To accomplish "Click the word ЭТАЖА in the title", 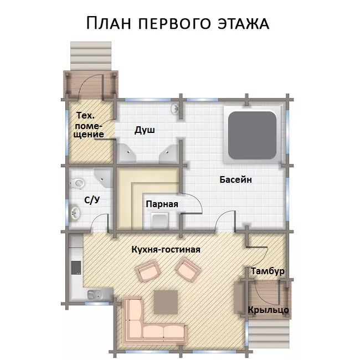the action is coord(244,23).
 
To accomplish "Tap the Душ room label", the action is coord(145,130).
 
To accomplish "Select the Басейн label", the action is coord(235,179).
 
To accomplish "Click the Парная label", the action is coord(162,204).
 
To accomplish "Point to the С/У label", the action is coord(92,200).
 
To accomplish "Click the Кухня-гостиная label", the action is coord(166,249).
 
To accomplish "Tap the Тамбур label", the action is coord(268,271).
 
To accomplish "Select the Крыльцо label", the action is coord(268,310).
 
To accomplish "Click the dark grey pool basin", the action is coord(252,135).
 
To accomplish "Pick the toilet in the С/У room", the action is coord(77,183).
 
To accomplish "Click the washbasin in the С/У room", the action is coord(75,213).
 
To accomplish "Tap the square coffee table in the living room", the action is coord(166,302).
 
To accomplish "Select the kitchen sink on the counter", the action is coord(95,295).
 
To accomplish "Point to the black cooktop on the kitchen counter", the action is coord(76,268).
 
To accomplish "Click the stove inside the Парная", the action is coord(160,220).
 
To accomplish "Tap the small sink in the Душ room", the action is coord(175,108).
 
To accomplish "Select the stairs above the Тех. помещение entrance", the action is coord(91,56).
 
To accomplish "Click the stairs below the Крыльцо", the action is coord(269,333).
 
